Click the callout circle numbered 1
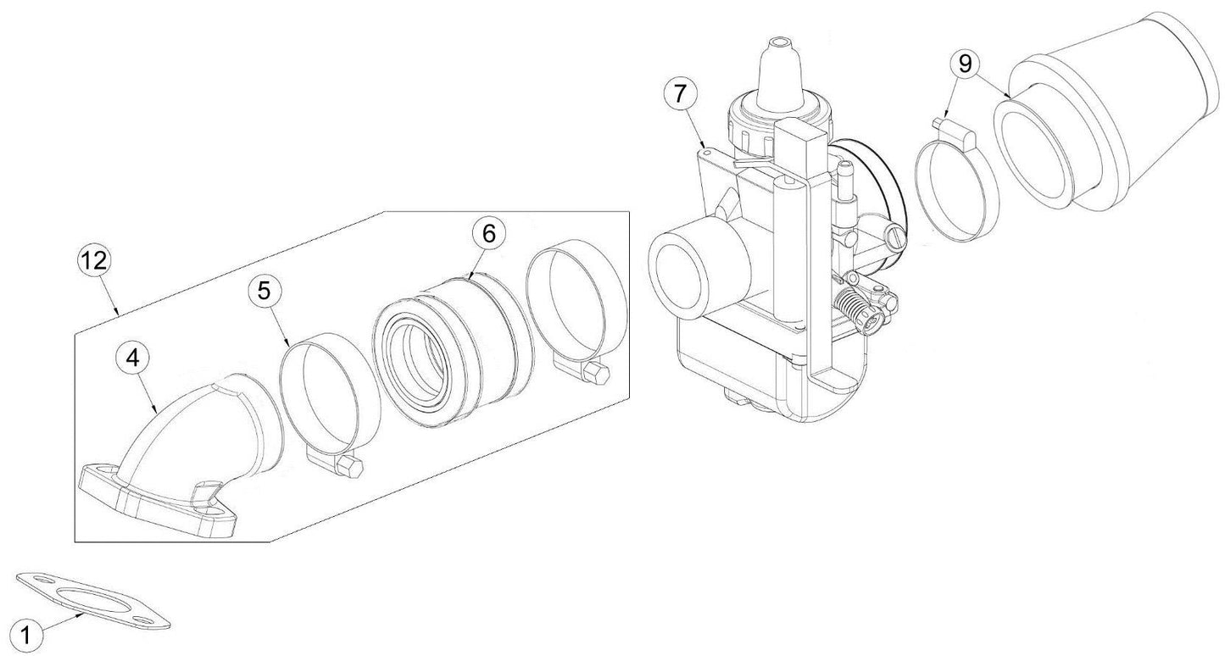(x=26, y=633)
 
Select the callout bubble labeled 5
(x=264, y=291)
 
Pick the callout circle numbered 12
(x=95, y=262)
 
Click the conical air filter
(x=1111, y=127)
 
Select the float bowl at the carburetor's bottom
(x=746, y=373)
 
